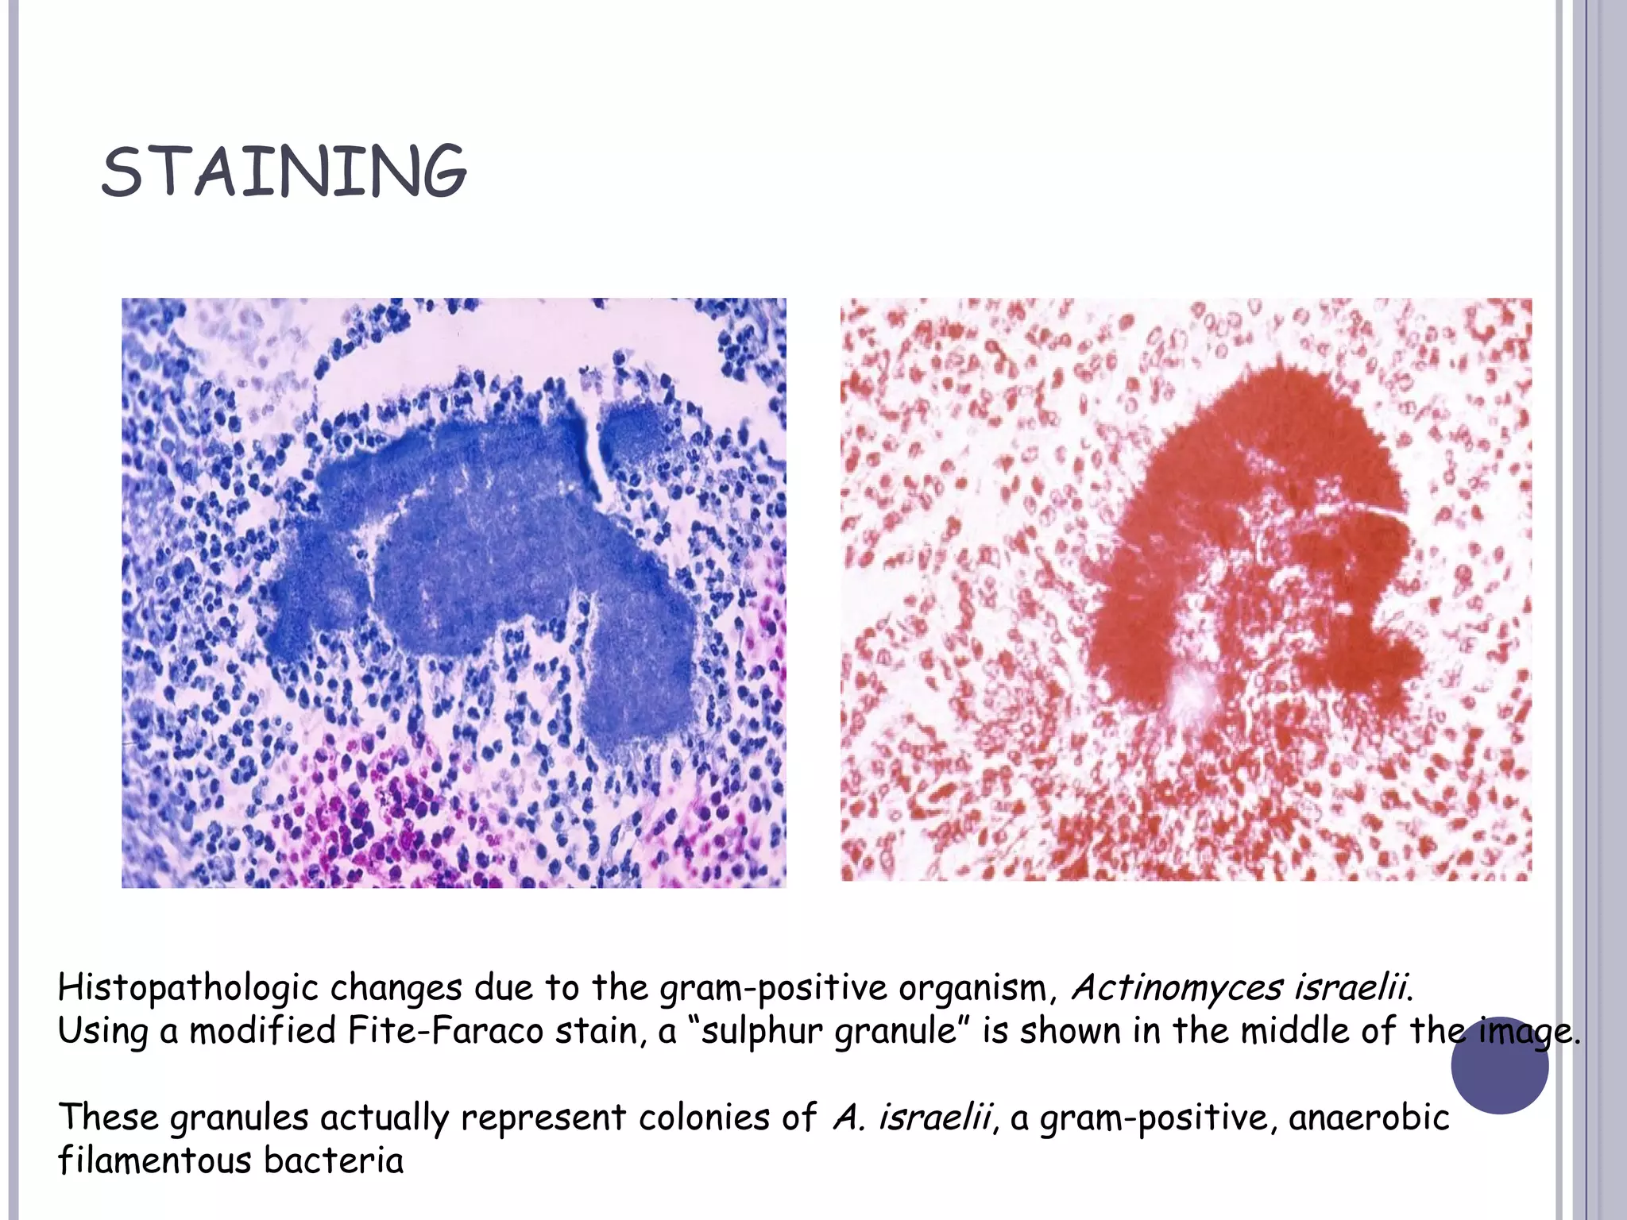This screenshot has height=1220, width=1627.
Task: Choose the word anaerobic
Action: [1369, 1118]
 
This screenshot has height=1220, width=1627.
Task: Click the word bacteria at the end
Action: [334, 1160]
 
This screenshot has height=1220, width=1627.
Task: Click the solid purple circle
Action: [1499, 1065]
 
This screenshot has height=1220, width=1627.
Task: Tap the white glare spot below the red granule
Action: [1192, 696]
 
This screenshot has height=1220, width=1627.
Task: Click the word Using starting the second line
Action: [102, 1032]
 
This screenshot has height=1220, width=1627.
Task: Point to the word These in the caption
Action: [108, 1118]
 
